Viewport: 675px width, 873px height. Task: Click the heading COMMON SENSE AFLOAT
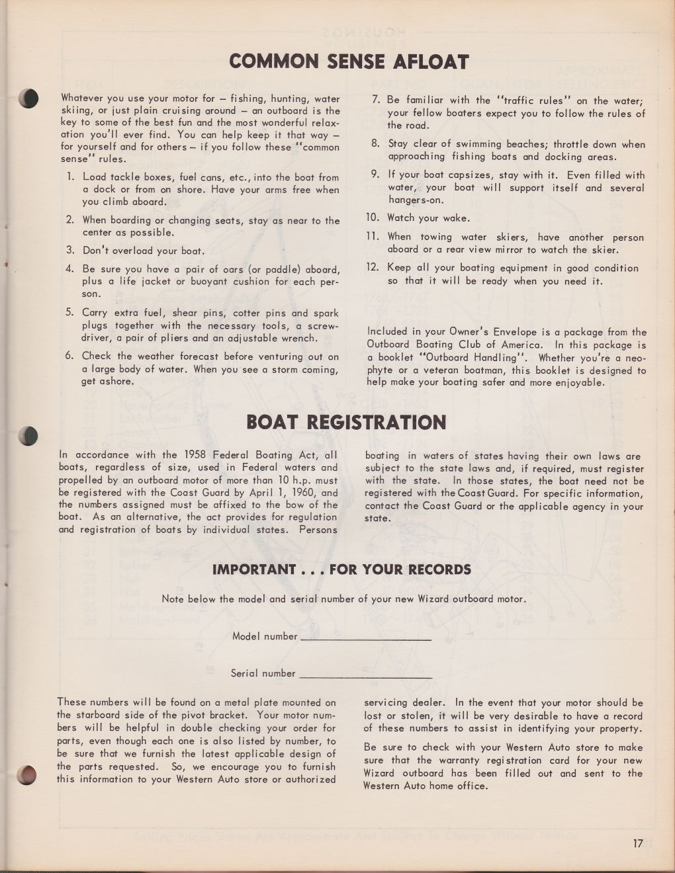coord(349,62)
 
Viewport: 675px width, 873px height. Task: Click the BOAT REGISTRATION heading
coord(346,423)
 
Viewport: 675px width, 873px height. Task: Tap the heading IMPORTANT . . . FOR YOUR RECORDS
coord(341,569)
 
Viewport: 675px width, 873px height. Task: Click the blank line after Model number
coord(365,639)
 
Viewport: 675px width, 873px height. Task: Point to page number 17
coord(637,844)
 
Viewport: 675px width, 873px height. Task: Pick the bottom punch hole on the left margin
coord(27,774)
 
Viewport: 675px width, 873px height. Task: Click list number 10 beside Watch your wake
coord(372,218)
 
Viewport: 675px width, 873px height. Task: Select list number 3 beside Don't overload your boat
coord(70,251)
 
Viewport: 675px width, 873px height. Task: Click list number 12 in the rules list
coord(372,268)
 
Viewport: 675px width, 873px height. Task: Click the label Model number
coord(265,636)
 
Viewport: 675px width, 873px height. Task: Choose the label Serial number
coord(263,673)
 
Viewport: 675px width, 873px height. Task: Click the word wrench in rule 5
coord(301,338)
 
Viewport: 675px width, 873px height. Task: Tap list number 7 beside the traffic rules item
coord(375,101)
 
